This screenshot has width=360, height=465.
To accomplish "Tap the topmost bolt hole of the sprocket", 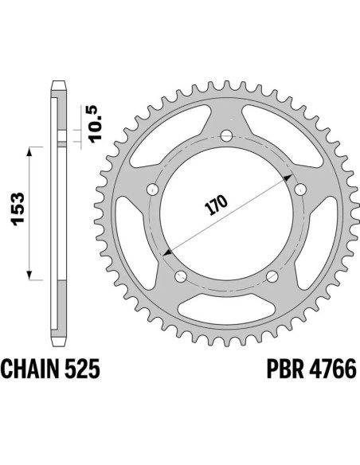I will click(x=225, y=134).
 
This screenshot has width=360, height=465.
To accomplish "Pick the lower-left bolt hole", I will click(x=180, y=276).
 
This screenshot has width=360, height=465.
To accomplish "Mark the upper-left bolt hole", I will click(x=152, y=190).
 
